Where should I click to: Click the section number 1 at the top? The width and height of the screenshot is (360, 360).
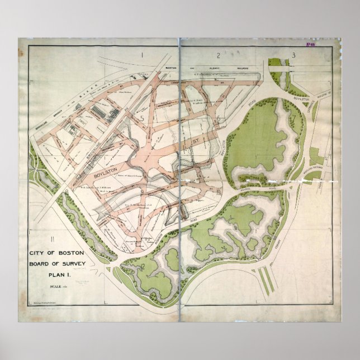(143, 55)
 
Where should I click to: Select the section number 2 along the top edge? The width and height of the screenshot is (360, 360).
(217, 55)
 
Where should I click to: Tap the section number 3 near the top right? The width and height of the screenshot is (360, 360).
(292, 55)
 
